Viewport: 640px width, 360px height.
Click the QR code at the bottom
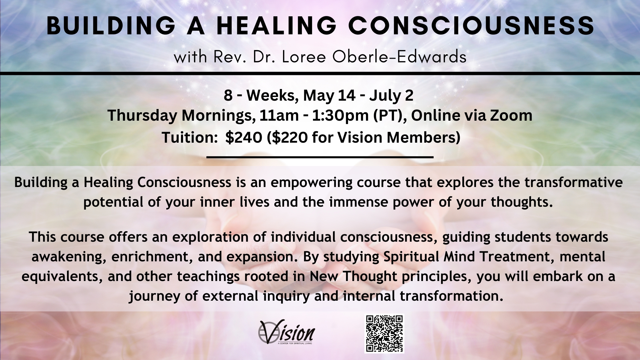click(x=384, y=334)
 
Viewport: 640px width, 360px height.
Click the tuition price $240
click(x=244, y=138)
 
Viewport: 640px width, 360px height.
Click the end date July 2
click(x=391, y=95)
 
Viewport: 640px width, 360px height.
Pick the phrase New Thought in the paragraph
click(x=354, y=277)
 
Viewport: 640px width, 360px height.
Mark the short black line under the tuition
click(x=320, y=157)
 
